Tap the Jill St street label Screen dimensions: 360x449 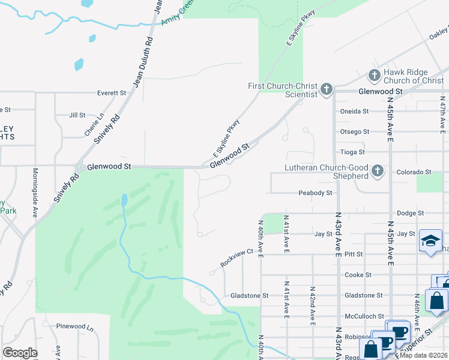[77, 115]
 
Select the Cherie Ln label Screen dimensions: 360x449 [94, 124]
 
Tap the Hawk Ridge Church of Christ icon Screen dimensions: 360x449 [374, 76]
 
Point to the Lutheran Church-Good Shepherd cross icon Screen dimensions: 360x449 [377, 172]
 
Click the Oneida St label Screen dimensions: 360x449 [354, 111]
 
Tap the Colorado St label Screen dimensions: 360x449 [414, 172]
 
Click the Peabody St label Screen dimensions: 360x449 [316, 193]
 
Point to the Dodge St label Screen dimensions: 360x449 [411, 213]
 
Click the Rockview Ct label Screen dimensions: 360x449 [234, 258]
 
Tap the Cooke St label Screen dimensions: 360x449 [356, 275]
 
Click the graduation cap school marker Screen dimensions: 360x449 [430, 241]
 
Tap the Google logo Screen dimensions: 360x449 [20, 353]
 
